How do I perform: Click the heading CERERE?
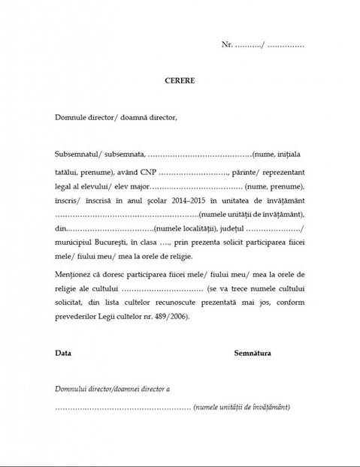180,79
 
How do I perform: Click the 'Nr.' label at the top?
227,45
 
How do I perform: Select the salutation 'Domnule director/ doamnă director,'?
116,117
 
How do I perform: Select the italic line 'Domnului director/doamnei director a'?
113,389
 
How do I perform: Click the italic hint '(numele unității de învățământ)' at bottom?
241,407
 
